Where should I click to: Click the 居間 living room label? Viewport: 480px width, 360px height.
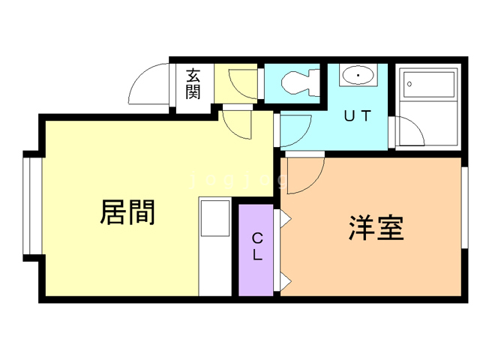tap(127, 213)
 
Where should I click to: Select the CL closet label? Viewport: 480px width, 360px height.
tap(257, 247)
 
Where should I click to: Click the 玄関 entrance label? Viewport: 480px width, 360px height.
tap(193, 84)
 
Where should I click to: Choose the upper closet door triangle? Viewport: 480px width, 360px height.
tap(286, 219)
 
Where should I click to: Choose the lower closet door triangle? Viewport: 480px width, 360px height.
tap(286, 281)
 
